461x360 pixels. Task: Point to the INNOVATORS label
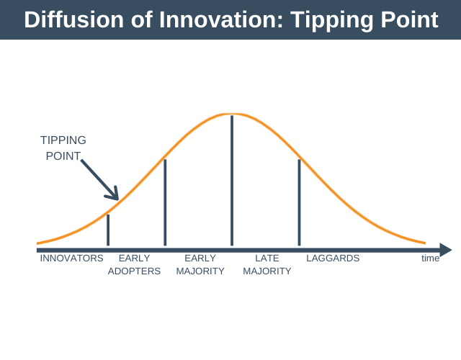pos(71,258)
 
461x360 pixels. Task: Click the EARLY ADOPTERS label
pos(134,265)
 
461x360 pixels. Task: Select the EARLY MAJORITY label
pos(200,265)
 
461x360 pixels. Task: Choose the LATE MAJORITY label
pos(267,265)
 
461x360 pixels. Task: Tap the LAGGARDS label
pos(333,258)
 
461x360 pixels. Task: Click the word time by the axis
pos(430,258)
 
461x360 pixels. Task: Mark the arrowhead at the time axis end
pos(446,250)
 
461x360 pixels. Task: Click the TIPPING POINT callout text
pos(63,148)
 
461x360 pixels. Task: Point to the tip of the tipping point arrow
pos(117,199)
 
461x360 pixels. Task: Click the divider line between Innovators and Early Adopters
pos(108,230)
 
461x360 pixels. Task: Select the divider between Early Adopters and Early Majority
pos(165,202)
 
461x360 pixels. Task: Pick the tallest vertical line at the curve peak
pos(231,180)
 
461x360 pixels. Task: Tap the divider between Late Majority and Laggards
pos(299,202)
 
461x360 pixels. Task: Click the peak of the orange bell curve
pos(230,114)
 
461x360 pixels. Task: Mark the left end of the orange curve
pos(38,243)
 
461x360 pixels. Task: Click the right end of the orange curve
pos(425,243)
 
